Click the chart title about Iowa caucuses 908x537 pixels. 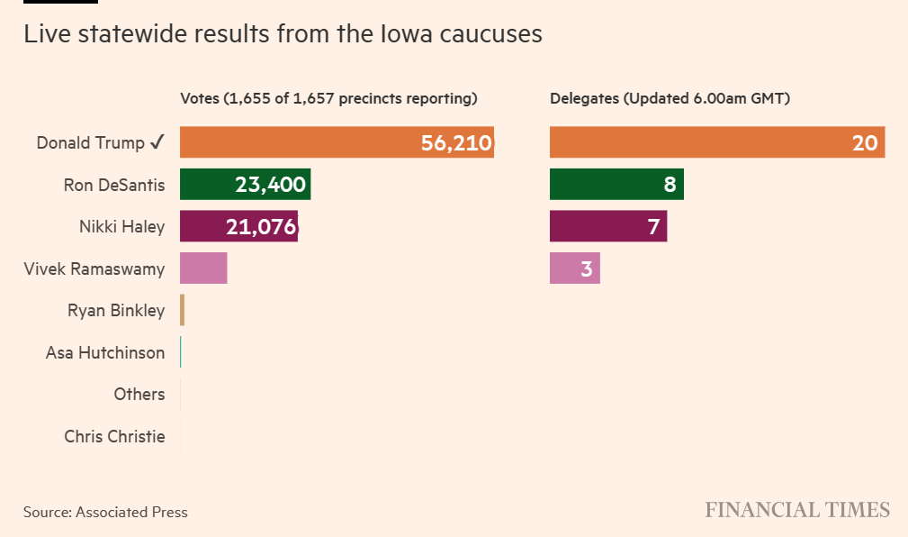(x=283, y=34)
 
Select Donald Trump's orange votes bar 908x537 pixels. (x=297, y=142)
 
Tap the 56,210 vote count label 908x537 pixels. (x=456, y=142)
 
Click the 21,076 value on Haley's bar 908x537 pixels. (x=261, y=227)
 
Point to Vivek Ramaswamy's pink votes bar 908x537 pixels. (x=203, y=268)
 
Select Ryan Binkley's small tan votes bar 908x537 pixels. (x=182, y=311)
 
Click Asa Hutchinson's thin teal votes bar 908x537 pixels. (x=181, y=352)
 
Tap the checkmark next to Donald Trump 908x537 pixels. (x=157, y=142)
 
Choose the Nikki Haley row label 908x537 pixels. (x=121, y=227)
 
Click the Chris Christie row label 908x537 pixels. (x=114, y=437)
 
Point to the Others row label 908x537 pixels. (x=139, y=395)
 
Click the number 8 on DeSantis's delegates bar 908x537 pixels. (x=670, y=185)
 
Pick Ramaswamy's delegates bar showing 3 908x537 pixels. (x=574, y=268)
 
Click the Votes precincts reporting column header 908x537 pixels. (x=328, y=99)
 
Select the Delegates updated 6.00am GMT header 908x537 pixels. (x=670, y=99)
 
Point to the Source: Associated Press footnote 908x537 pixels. (x=105, y=512)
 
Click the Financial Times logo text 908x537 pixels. (x=796, y=510)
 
